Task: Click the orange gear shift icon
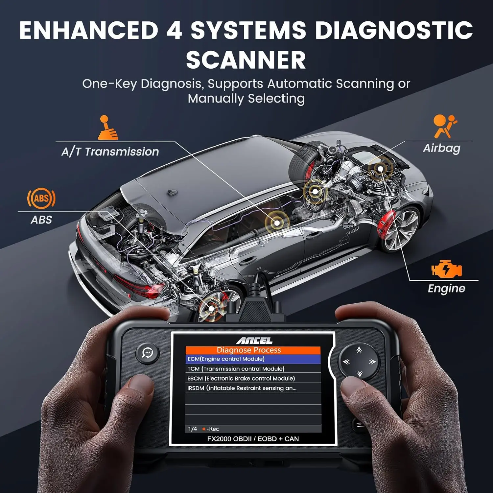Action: (107, 128)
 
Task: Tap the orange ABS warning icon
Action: (41, 199)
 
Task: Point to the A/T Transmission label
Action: (110, 152)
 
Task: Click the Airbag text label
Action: (442, 148)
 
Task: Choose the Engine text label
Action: (446, 289)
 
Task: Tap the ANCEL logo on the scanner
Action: (254, 340)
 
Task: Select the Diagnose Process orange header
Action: (253, 350)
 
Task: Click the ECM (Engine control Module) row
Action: (253, 359)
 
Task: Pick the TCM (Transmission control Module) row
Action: (253, 369)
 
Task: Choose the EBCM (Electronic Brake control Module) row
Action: (253, 378)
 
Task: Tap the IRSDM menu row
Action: (253, 388)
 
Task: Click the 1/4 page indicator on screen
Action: (193, 429)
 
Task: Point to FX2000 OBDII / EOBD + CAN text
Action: (253, 439)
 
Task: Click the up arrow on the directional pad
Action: (359, 350)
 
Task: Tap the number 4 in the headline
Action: (174, 31)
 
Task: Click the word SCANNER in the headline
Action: (246, 60)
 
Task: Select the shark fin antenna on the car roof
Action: (171, 192)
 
